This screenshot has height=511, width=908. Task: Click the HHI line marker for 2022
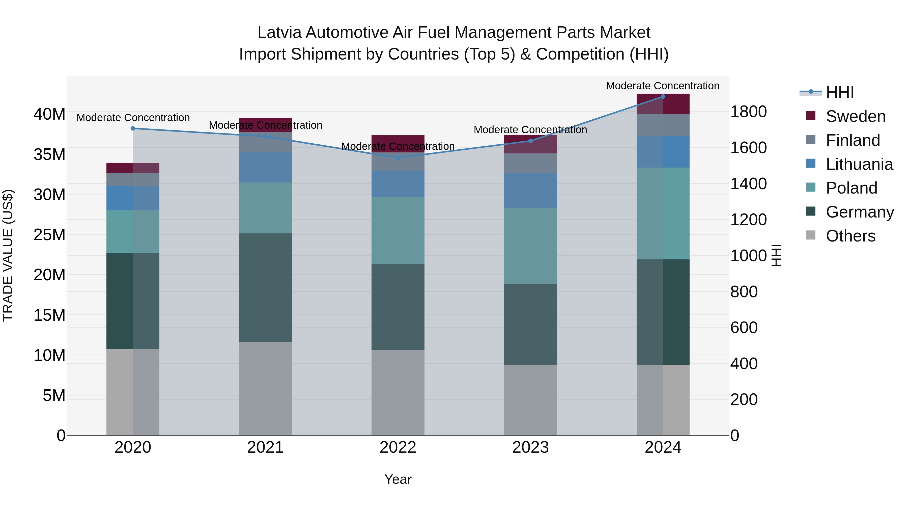click(x=398, y=158)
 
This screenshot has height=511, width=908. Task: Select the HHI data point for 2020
click(x=133, y=128)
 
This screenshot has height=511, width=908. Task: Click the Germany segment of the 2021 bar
click(x=265, y=287)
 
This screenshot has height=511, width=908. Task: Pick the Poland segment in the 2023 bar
click(x=530, y=246)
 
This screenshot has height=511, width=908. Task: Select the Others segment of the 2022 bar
click(x=398, y=392)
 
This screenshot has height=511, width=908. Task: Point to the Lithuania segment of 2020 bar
click(x=133, y=198)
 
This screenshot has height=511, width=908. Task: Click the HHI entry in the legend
click(x=840, y=92)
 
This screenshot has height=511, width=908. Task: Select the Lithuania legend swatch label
click(x=859, y=164)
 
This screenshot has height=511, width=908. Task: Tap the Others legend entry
click(x=850, y=236)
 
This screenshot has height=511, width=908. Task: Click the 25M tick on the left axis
click(x=49, y=234)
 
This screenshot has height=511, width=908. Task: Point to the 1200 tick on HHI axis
click(x=748, y=219)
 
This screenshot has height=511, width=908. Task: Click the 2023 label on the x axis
click(x=530, y=447)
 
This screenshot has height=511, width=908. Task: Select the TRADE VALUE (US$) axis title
click(x=8, y=255)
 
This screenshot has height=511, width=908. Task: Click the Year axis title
click(x=398, y=479)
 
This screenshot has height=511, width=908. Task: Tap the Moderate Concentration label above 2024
click(x=663, y=86)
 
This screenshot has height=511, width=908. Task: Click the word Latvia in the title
click(x=280, y=33)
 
